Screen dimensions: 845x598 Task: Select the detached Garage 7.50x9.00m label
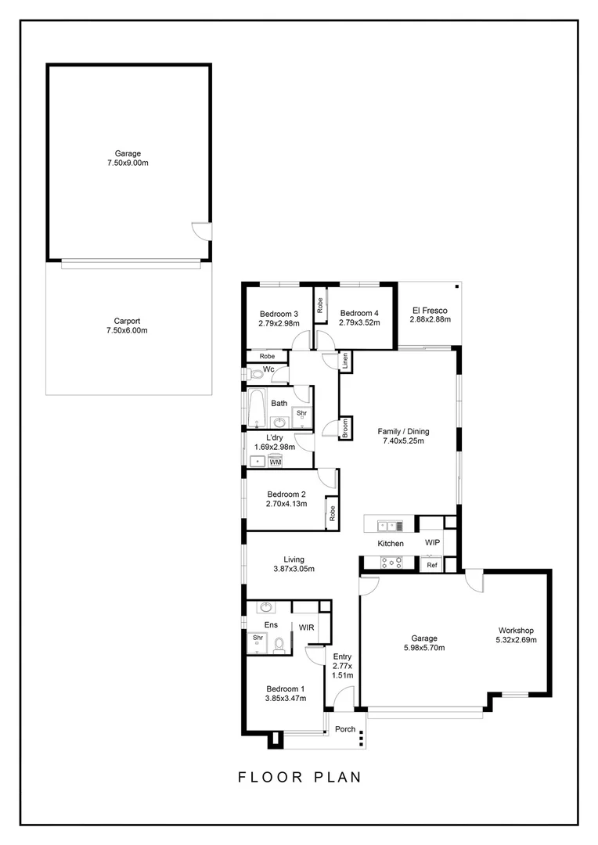click(127, 158)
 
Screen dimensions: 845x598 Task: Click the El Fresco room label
click(428, 315)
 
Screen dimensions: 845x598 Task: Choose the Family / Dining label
click(403, 436)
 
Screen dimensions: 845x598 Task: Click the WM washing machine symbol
click(275, 462)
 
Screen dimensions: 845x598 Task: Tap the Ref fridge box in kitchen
click(431, 564)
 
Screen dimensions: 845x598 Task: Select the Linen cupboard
click(344, 361)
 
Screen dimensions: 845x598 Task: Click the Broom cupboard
click(344, 429)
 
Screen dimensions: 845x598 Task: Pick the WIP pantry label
click(432, 542)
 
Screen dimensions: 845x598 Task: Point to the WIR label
click(307, 627)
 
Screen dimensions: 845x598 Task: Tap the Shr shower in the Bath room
click(301, 414)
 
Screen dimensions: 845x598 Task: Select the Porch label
click(345, 729)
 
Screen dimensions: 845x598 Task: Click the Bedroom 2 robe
click(332, 513)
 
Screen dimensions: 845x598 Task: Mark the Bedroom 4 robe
click(320, 304)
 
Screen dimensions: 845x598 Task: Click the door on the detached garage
click(201, 232)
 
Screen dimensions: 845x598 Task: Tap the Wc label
click(268, 369)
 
